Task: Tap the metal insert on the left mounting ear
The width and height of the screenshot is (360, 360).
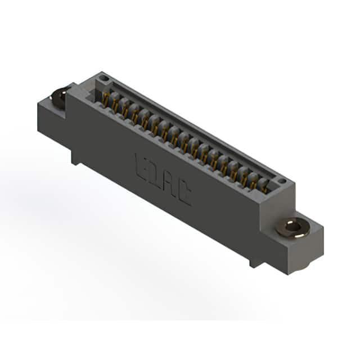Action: [58, 97]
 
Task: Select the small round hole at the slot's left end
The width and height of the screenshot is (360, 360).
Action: [104, 79]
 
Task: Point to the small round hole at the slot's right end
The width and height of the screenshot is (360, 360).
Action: [282, 181]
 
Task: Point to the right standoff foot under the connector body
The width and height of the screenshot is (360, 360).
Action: [255, 261]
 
